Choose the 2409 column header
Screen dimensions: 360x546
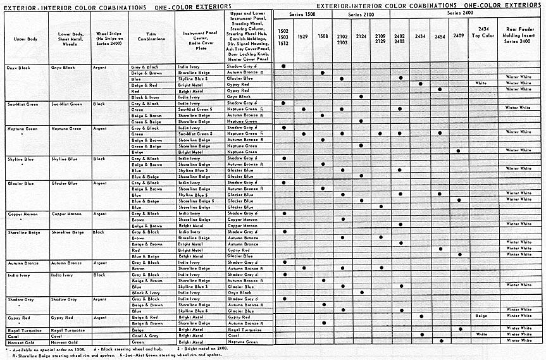pyautogui.click(x=459, y=36)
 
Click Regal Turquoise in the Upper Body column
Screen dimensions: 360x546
pyautogui.click(x=24, y=330)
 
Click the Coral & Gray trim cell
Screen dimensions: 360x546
pyautogui.click(x=141, y=335)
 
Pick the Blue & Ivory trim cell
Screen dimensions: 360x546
pyautogui.click(x=142, y=292)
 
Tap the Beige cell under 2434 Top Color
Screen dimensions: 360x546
pyautogui.click(x=481, y=315)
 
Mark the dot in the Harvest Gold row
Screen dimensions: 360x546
pyautogui.click(x=440, y=341)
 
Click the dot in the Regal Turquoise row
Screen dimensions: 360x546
pyautogui.click(x=460, y=329)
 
